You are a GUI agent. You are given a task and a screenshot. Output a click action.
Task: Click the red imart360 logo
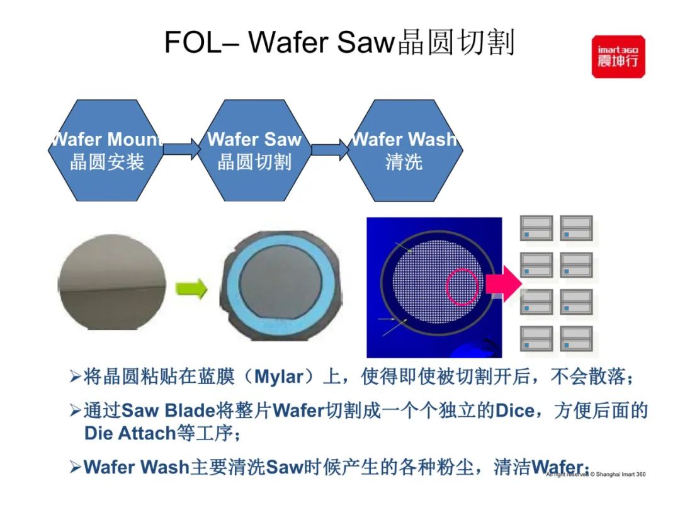[618, 57]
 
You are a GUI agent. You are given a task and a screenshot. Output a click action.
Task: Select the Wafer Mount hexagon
[106, 150]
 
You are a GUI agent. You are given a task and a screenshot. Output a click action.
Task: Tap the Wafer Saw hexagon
[254, 150]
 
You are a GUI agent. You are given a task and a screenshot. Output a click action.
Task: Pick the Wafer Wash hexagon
[404, 150]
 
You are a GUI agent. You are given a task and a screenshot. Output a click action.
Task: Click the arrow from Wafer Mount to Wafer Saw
[181, 150]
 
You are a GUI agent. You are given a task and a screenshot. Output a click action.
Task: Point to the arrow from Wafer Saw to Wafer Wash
[330, 150]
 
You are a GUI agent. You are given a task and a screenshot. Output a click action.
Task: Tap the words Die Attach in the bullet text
[129, 433]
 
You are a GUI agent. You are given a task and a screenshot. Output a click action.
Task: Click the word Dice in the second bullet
[514, 411]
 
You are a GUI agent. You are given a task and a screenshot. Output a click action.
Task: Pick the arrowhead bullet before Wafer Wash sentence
[75, 467]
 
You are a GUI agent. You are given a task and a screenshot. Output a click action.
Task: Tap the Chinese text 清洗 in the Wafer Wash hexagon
[404, 162]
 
